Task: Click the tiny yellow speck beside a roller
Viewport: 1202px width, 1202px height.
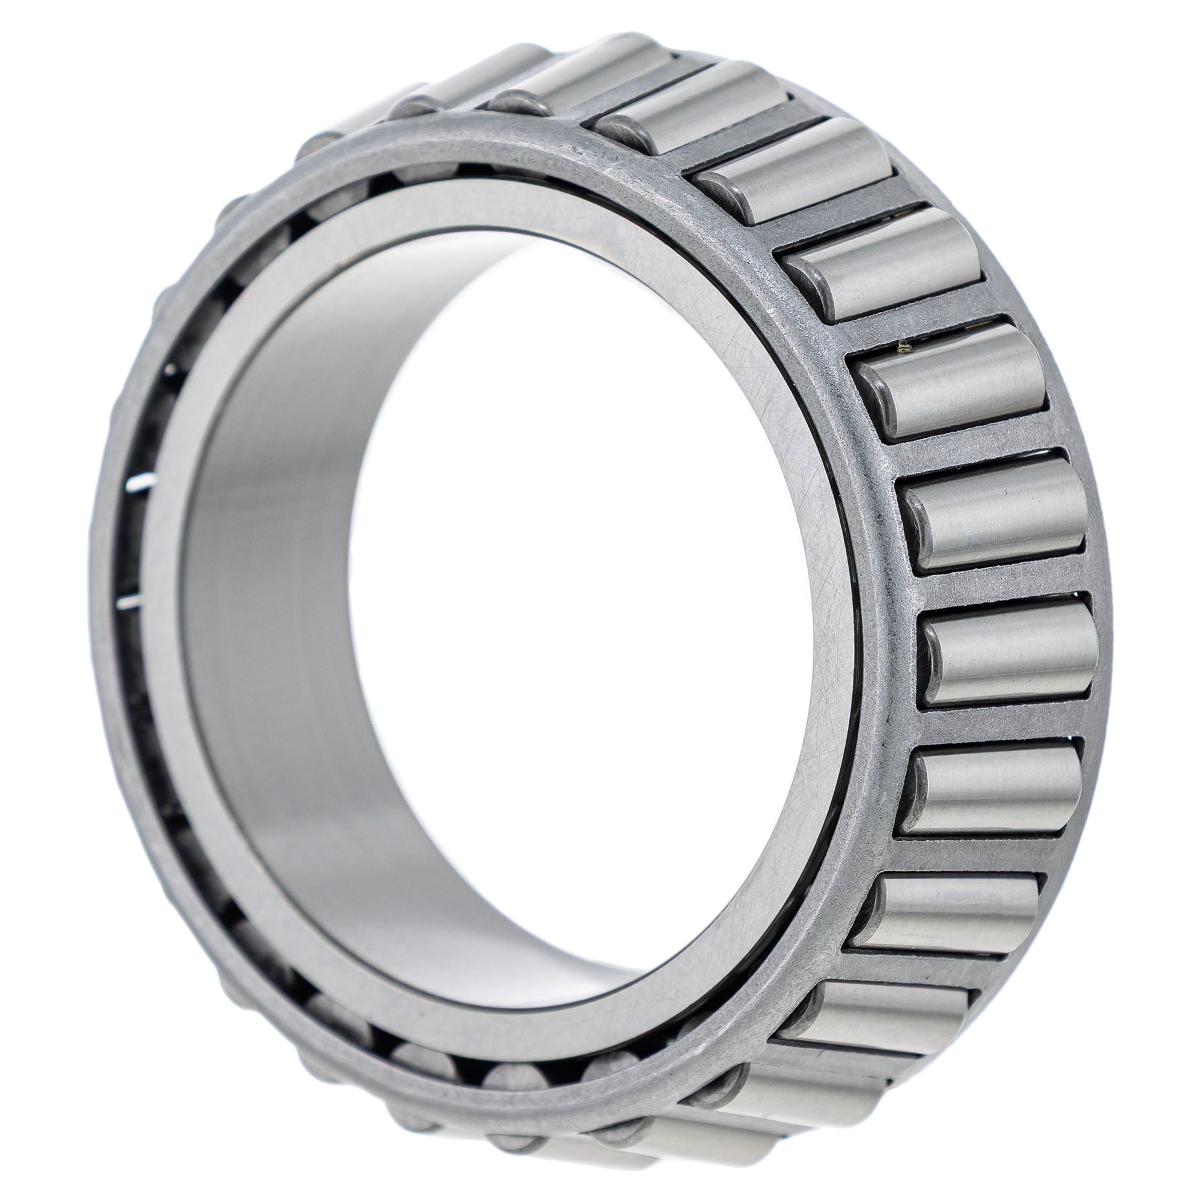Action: pyautogui.click(x=907, y=350)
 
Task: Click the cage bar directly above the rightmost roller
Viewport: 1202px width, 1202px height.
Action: pyautogui.click(x=1002, y=582)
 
